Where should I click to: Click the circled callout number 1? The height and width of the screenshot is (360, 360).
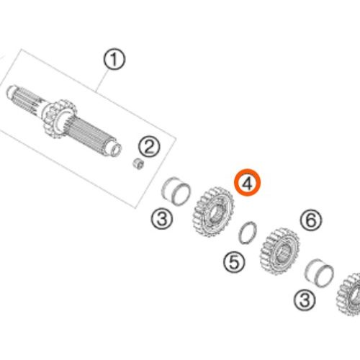tap(114, 59)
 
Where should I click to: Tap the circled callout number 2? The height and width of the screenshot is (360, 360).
tap(149, 147)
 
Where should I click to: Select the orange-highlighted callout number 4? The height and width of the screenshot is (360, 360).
tap(247, 182)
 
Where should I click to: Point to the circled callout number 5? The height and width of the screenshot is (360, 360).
tap(234, 261)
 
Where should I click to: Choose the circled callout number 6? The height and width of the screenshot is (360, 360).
tap(311, 220)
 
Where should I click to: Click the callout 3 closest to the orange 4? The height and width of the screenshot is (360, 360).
tap(162, 218)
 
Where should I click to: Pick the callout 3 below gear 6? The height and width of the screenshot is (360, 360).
tap(305, 300)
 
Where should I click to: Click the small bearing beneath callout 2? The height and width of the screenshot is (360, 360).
tap(138, 163)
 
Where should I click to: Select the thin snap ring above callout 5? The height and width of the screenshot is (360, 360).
tap(248, 232)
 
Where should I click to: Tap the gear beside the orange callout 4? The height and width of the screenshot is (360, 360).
tap(213, 211)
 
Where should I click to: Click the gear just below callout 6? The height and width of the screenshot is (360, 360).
tap(280, 251)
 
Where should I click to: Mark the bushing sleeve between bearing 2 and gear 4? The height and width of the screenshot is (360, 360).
tap(176, 191)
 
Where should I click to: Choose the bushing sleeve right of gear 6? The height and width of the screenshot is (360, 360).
tap(319, 273)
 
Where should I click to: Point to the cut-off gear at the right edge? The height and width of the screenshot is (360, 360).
tap(349, 294)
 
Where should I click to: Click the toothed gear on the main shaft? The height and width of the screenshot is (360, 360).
tap(60, 119)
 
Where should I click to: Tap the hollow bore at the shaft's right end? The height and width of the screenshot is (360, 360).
tap(116, 150)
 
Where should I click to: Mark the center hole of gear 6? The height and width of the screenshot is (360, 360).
tap(284, 253)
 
